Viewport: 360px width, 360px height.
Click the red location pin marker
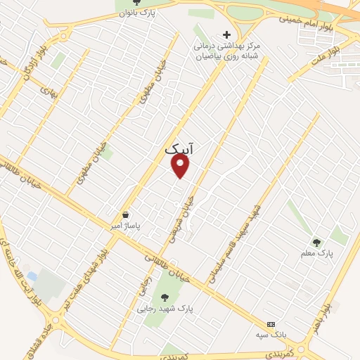point(181,166)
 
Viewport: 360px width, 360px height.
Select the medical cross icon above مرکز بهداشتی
point(226,34)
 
